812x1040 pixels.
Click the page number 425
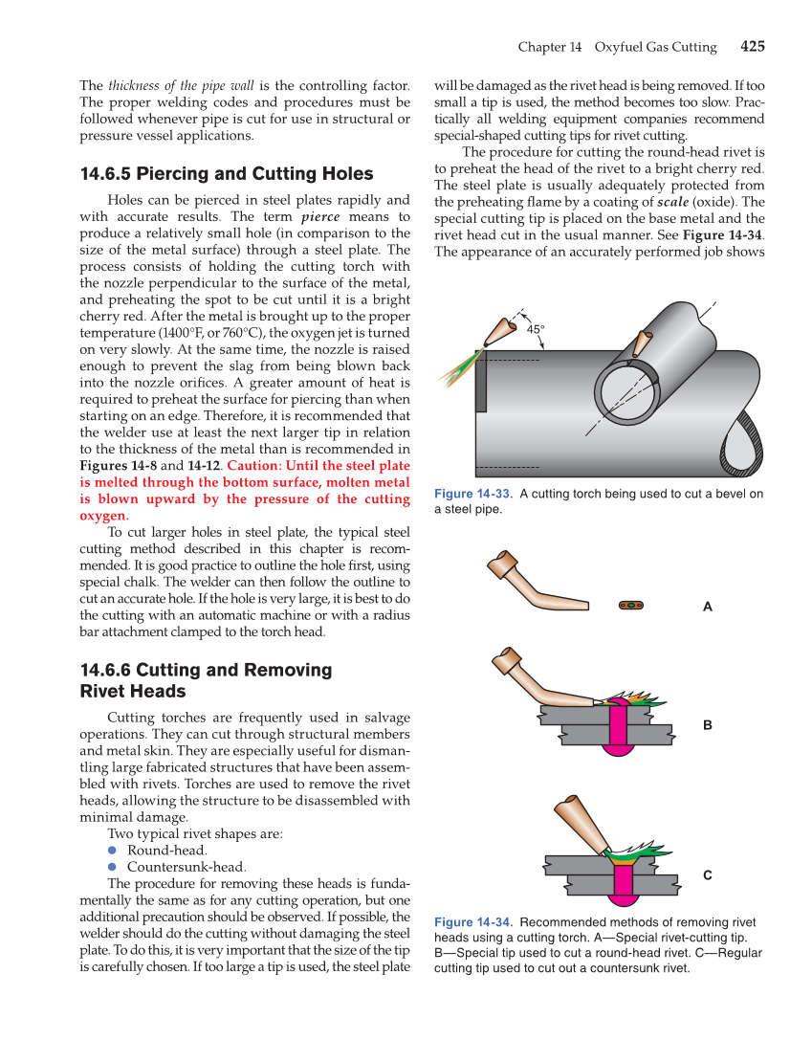[x=752, y=46]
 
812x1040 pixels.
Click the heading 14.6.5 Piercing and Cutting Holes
[x=227, y=174]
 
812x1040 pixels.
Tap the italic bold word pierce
[x=320, y=217]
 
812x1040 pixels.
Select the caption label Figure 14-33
[x=473, y=494]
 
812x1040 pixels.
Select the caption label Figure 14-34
[x=473, y=922]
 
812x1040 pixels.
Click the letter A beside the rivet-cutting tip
[x=708, y=607]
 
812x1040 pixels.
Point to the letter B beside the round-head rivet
[x=708, y=725]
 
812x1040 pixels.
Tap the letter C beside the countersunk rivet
[x=708, y=875]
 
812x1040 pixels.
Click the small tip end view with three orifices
[x=630, y=605]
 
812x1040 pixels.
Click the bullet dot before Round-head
[x=111, y=850]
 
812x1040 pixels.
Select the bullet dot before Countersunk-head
[x=111, y=867]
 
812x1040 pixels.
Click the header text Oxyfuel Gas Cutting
[x=655, y=47]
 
